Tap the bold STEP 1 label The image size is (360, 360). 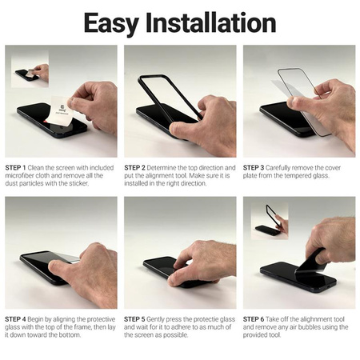click(x=17, y=168)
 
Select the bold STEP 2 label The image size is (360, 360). click(x=136, y=168)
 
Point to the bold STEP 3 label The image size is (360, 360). click(x=255, y=168)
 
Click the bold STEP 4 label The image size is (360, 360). click(x=17, y=319)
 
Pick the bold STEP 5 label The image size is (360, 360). click(x=136, y=319)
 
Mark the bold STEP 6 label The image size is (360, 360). click(x=255, y=319)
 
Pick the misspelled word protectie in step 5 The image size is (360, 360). click(x=198, y=319)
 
